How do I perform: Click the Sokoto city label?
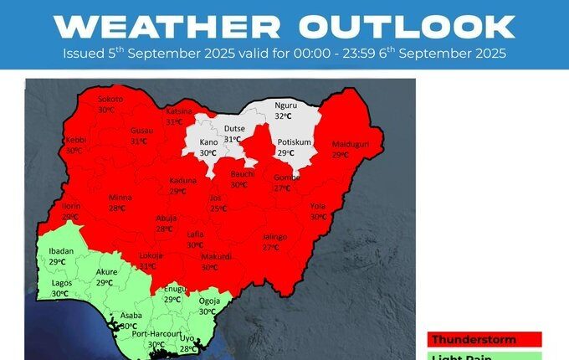click(110, 100)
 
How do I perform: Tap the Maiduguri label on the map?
click(351, 144)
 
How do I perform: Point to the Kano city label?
click(208, 143)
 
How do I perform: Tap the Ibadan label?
click(62, 251)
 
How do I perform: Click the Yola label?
click(318, 205)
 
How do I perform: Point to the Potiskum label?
click(294, 143)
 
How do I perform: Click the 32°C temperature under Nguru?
click(285, 116)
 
